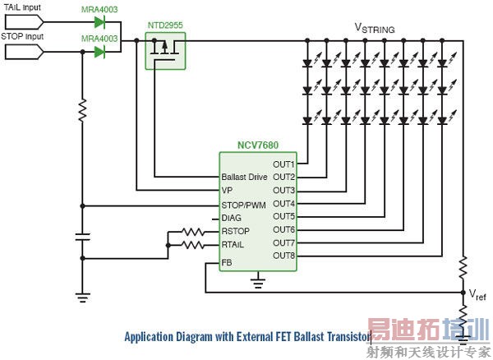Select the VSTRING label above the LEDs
[374, 28]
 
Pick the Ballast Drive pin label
[246, 178]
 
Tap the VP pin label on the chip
[228, 191]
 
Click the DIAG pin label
[233, 218]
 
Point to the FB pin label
[227, 263]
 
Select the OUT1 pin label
[283, 164]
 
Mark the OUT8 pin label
[283, 256]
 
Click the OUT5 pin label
[283, 216]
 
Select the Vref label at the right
[477, 293]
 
